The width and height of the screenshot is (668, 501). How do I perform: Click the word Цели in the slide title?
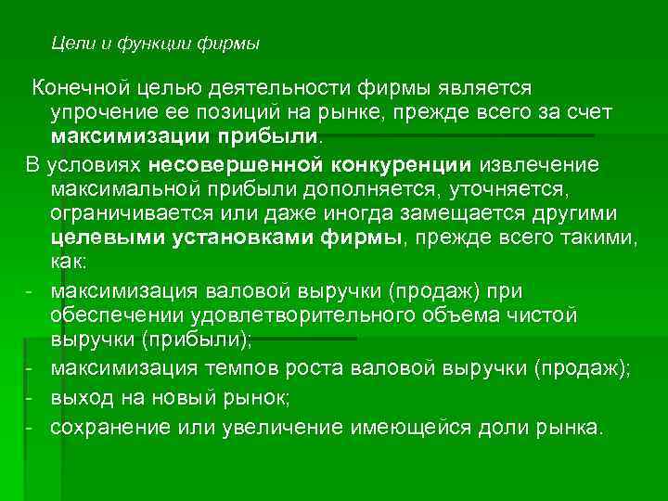(x=69, y=43)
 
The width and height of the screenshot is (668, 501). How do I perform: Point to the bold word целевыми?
(x=108, y=240)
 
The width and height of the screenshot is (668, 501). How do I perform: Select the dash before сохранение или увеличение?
(x=30, y=428)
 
